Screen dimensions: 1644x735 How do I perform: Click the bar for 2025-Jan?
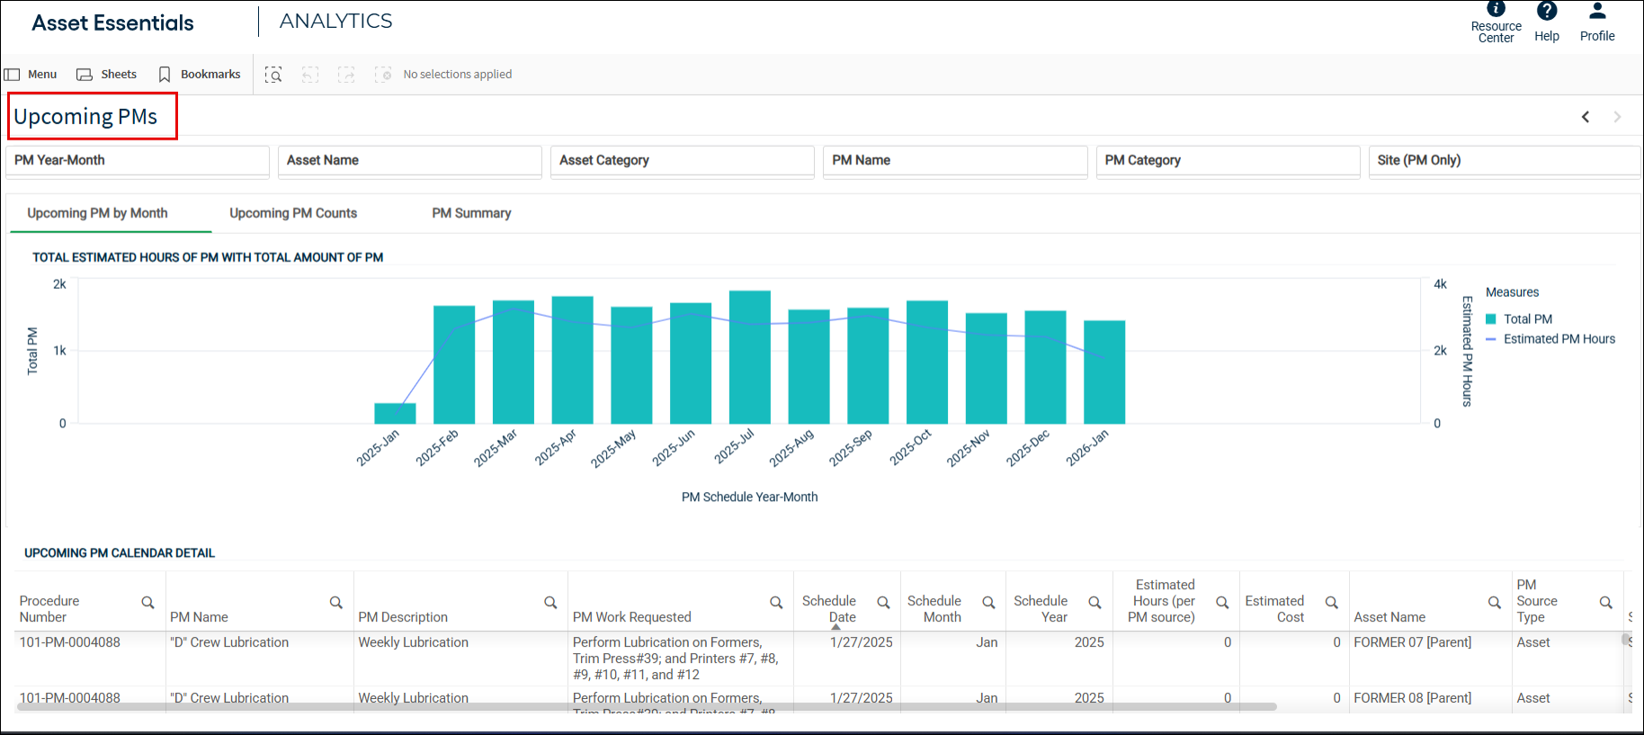[395, 413]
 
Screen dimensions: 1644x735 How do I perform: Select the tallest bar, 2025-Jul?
[750, 357]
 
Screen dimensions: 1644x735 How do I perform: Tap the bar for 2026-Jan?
[1104, 372]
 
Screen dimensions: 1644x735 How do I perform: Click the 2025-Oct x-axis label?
[910, 447]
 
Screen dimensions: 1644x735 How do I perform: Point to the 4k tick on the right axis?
[1440, 284]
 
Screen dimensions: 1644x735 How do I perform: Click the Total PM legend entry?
[1519, 319]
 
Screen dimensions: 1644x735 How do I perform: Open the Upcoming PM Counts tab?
[293, 213]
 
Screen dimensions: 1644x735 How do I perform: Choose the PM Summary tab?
[471, 213]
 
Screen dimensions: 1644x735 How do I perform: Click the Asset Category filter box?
[683, 160]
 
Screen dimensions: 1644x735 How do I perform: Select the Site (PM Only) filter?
[1504, 160]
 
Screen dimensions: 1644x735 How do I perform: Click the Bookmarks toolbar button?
[200, 75]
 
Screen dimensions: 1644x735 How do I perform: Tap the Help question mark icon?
[1547, 11]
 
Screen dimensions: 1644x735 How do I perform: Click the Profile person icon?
[1597, 11]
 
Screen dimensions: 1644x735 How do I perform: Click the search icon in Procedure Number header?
[147, 603]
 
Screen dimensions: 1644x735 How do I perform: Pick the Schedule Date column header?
[829, 609]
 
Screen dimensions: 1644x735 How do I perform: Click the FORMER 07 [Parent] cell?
[1413, 642]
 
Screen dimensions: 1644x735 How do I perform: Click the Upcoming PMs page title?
[85, 117]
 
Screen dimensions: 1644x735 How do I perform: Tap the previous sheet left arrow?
[1586, 117]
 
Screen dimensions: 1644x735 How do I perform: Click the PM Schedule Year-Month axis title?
[750, 497]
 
